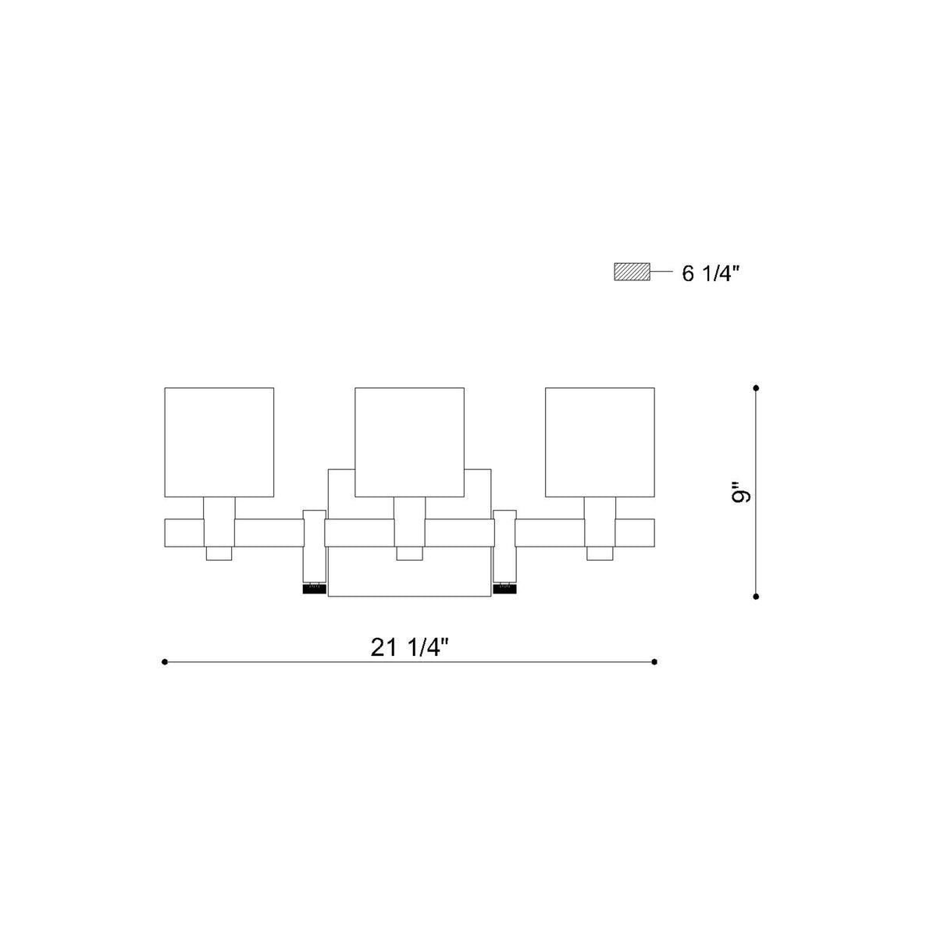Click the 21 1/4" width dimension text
pyautogui.click(x=408, y=647)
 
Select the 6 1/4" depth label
pyautogui.click(x=711, y=274)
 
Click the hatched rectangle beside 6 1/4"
pyautogui.click(x=632, y=272)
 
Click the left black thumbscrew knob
pyautogui.click(x=314, y=590)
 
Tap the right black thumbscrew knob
pyautogui.click(x=504, y=590)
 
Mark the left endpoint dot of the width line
pyautogui.click(x=164, y=662)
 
